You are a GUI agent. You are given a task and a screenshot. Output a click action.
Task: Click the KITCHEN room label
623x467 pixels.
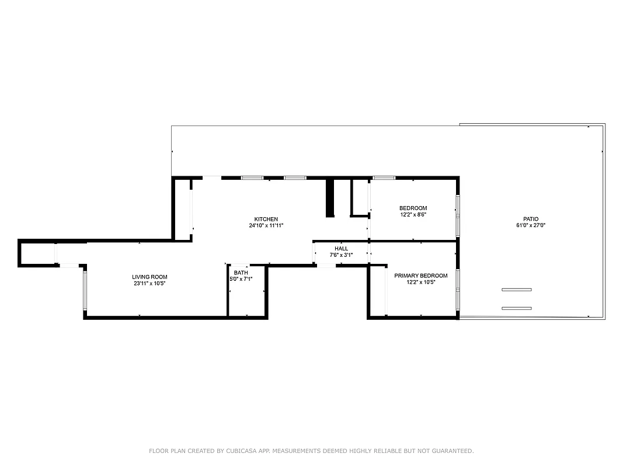(266, 219)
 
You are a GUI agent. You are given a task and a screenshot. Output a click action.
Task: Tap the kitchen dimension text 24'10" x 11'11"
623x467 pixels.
(266, 225)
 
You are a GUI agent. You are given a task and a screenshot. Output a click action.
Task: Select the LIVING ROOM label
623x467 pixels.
(149, 277)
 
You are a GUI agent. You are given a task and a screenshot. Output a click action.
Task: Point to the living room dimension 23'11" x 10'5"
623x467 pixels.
(149, 284)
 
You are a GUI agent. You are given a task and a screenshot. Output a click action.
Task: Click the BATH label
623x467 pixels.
(241, 273)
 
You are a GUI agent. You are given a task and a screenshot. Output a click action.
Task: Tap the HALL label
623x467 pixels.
(341, 249)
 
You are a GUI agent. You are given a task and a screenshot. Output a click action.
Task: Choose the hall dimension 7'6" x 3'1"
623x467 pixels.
(341, 255)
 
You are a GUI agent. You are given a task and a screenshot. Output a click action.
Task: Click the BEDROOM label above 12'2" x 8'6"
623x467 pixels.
(413, 208)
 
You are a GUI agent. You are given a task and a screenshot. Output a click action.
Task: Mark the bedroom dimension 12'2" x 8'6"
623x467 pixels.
(413, 215)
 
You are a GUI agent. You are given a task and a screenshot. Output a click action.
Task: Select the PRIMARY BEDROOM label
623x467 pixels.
(420, 276)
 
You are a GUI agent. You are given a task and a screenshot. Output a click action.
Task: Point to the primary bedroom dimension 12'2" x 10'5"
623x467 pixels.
(420, 283)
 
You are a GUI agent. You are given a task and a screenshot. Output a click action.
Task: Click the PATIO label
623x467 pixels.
(531, 219)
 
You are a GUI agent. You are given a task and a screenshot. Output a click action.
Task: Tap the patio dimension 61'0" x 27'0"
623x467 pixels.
(531, 225)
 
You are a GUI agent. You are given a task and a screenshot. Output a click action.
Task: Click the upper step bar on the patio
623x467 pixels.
(516, 290)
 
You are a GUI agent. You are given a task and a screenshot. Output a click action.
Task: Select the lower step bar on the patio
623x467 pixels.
(516, 308)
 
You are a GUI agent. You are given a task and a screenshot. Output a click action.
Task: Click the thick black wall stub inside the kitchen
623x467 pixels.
(329, 198)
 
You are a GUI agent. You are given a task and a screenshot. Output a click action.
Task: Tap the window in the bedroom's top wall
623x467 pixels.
(384, 177)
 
